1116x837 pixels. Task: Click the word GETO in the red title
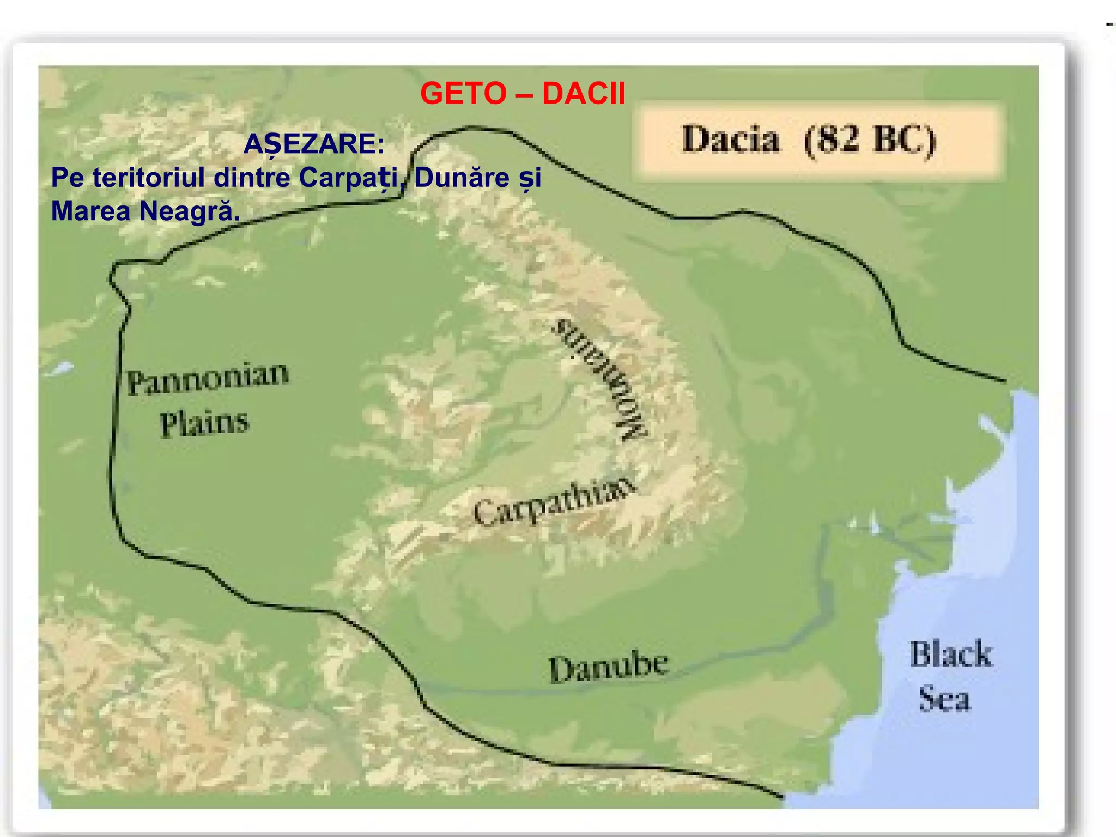463,94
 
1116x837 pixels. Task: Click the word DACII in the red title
584,94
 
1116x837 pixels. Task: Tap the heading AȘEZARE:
314,144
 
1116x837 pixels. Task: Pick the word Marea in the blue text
90,211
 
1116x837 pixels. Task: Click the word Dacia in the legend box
731,139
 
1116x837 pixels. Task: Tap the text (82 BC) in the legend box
870,141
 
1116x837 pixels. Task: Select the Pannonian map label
208,379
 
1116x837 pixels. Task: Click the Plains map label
204,423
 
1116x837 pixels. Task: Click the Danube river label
608,668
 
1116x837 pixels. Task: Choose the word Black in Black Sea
951,654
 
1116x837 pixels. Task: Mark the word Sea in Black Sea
945,699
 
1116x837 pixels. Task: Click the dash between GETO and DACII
524,94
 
